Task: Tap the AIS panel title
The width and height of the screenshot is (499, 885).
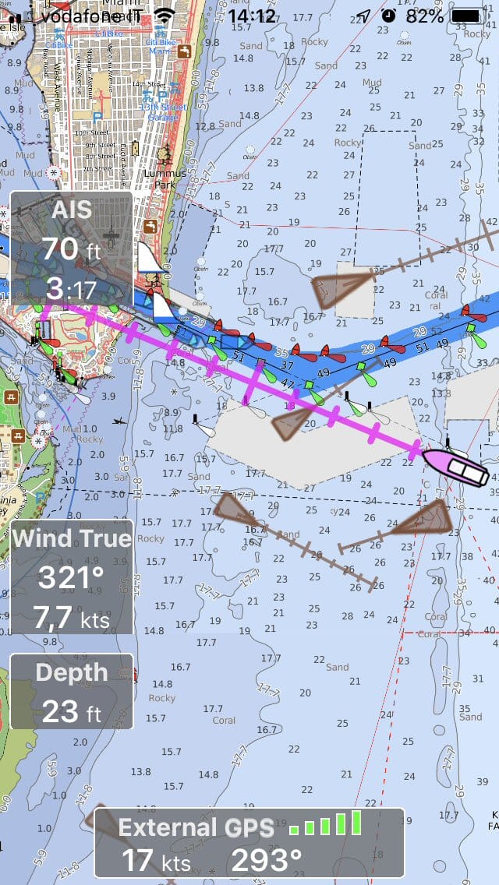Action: (71, 209)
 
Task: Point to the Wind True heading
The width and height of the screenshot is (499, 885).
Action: (71, 538)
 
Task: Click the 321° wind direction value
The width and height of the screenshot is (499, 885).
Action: (71, 578)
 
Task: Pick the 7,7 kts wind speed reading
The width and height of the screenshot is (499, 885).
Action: (71, 618)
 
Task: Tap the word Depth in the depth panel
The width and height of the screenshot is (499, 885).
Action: (71, 672)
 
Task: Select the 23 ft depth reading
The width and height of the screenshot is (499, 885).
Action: (71, 710)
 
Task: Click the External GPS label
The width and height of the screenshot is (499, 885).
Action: (196, 827)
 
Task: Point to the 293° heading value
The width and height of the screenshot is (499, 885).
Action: (266, 860)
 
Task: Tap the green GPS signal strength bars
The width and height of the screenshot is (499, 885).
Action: (326, 824)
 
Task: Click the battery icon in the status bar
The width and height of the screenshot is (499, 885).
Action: (467, 15)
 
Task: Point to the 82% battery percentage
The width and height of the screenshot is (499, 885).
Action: (424, 15)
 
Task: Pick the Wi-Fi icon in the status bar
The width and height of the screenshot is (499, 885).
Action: (165, 15)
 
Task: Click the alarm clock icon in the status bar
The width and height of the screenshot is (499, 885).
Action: (388, 15)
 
